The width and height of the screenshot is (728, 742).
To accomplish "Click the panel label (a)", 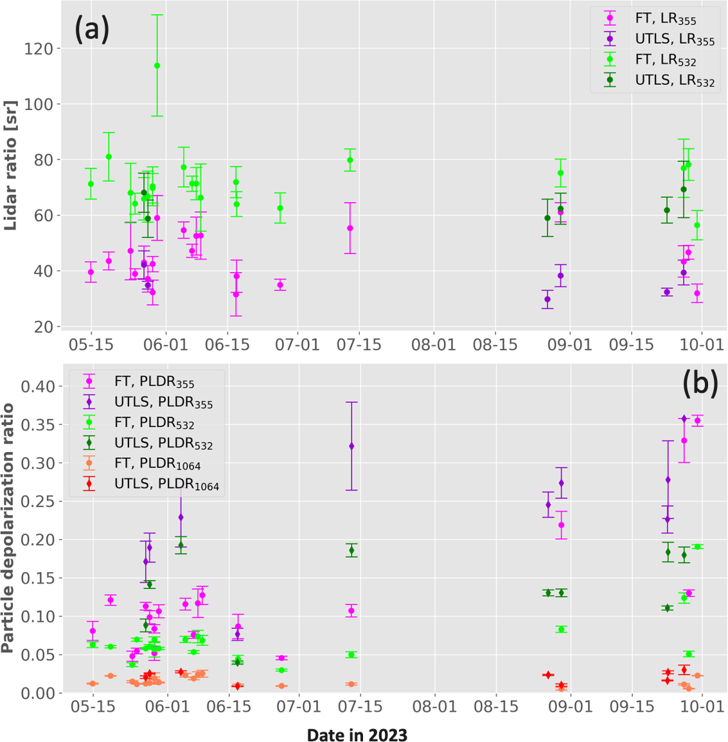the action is click(92, 30).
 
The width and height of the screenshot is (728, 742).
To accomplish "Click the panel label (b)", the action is click(700, 383).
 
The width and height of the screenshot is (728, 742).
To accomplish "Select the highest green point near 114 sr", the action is click(157, 66).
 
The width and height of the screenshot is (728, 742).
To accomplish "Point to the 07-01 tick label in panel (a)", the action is click(297, 344).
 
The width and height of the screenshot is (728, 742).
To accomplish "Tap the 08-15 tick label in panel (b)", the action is click(496, 707).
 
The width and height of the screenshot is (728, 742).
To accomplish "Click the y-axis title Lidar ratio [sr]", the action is click(10, 166).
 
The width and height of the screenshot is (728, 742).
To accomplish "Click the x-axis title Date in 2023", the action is click(357, 734).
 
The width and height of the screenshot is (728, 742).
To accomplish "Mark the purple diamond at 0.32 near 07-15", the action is click(351, 446).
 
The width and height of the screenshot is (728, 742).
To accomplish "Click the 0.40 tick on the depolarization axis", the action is click(39, 386).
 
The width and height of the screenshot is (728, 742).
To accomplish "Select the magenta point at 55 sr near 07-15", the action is click(350, 228).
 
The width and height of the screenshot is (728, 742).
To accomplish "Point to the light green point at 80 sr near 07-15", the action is click(350, 160).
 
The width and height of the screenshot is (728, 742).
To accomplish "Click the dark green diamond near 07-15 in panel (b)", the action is click(351, 550).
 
